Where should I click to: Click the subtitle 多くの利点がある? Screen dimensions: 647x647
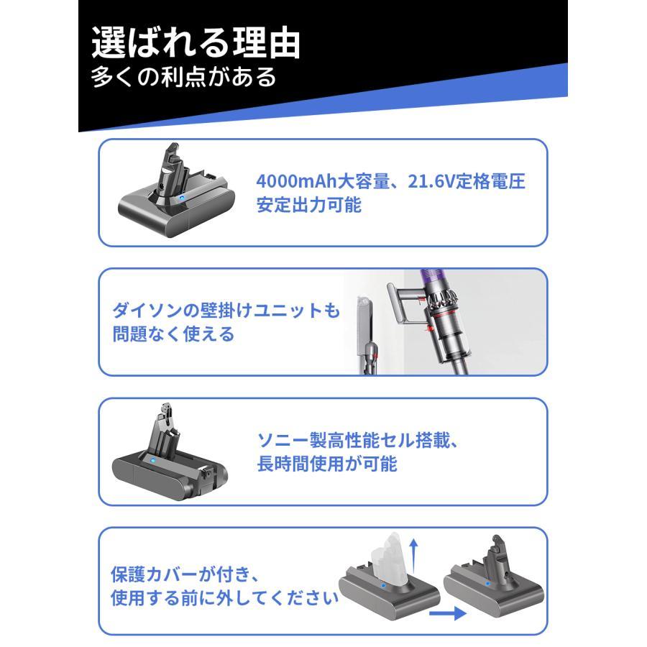click(183, 78)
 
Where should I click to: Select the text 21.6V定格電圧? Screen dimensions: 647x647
click(467, 181)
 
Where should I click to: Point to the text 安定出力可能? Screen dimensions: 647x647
click(309, 206)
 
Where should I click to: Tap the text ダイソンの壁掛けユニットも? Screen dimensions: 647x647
click(226, 311)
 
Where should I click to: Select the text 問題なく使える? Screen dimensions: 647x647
click(173, 335)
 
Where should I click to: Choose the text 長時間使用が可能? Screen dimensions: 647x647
click(327, 464)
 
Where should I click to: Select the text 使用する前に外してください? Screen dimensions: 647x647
click(224, 599)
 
